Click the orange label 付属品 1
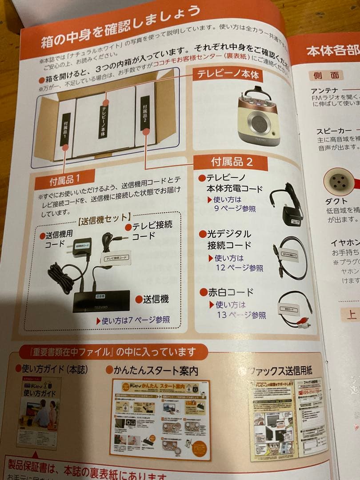pos(65,180)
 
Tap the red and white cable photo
pos(294,309)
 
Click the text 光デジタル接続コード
pos(229,239)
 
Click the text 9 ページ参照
pos(235,208)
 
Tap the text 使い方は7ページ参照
pos(132,320)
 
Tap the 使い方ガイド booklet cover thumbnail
pos(39,412)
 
